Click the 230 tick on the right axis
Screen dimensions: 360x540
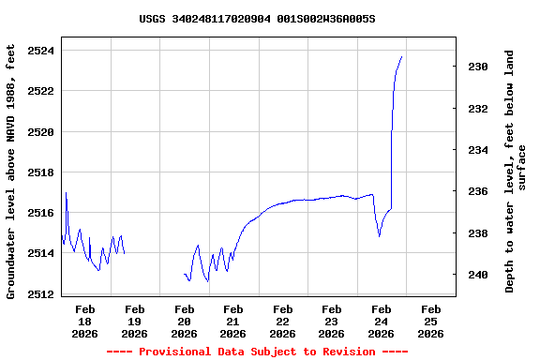pos(477,67)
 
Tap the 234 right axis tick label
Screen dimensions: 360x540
pos(477,150)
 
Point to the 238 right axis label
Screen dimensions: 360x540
pos(477,233)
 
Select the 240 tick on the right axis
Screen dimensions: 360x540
pos(477,275)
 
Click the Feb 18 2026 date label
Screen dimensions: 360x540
pos(85,321)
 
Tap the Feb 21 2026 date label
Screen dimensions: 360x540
pos(233,321)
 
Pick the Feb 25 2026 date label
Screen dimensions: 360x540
pos(430,321)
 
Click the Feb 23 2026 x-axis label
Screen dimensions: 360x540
pos(332,321)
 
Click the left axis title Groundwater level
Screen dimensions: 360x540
pos(11,171)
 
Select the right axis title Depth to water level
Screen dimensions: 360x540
pos(516,171)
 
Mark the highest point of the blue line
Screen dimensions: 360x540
pos(401,56)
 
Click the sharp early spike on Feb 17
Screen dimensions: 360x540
pos(66,193)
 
